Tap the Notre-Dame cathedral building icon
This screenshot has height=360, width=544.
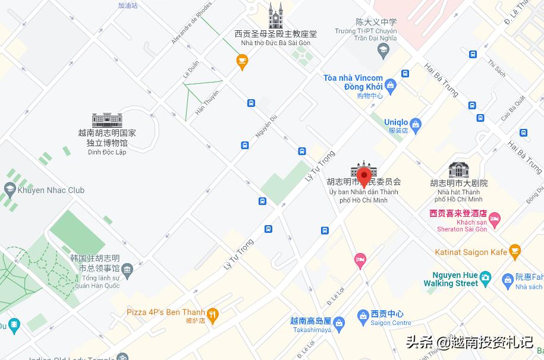[x=275, y=16]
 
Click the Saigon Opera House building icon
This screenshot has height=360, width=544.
[x=459, y=169]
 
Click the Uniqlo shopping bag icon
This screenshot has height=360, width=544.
[x=416, y=125]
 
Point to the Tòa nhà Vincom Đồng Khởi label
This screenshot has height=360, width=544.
[x=353, y=83]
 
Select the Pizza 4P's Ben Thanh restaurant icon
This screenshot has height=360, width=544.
[x=212, y=313]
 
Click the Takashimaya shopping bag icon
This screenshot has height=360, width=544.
[x=339, y=324]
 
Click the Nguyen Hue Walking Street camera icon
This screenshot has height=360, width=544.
[x=486, y=277]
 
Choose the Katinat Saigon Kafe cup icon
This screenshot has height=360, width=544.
[x=515, y=251]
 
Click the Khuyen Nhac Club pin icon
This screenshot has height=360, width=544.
[x=10, y=190]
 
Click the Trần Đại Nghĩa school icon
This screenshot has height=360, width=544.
[x=382, y=50]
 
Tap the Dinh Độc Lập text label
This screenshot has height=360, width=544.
[x=107, y=152]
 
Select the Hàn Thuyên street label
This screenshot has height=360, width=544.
[x=207, y=102]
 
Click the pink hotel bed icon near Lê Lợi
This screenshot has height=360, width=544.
[x=360, y=260]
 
